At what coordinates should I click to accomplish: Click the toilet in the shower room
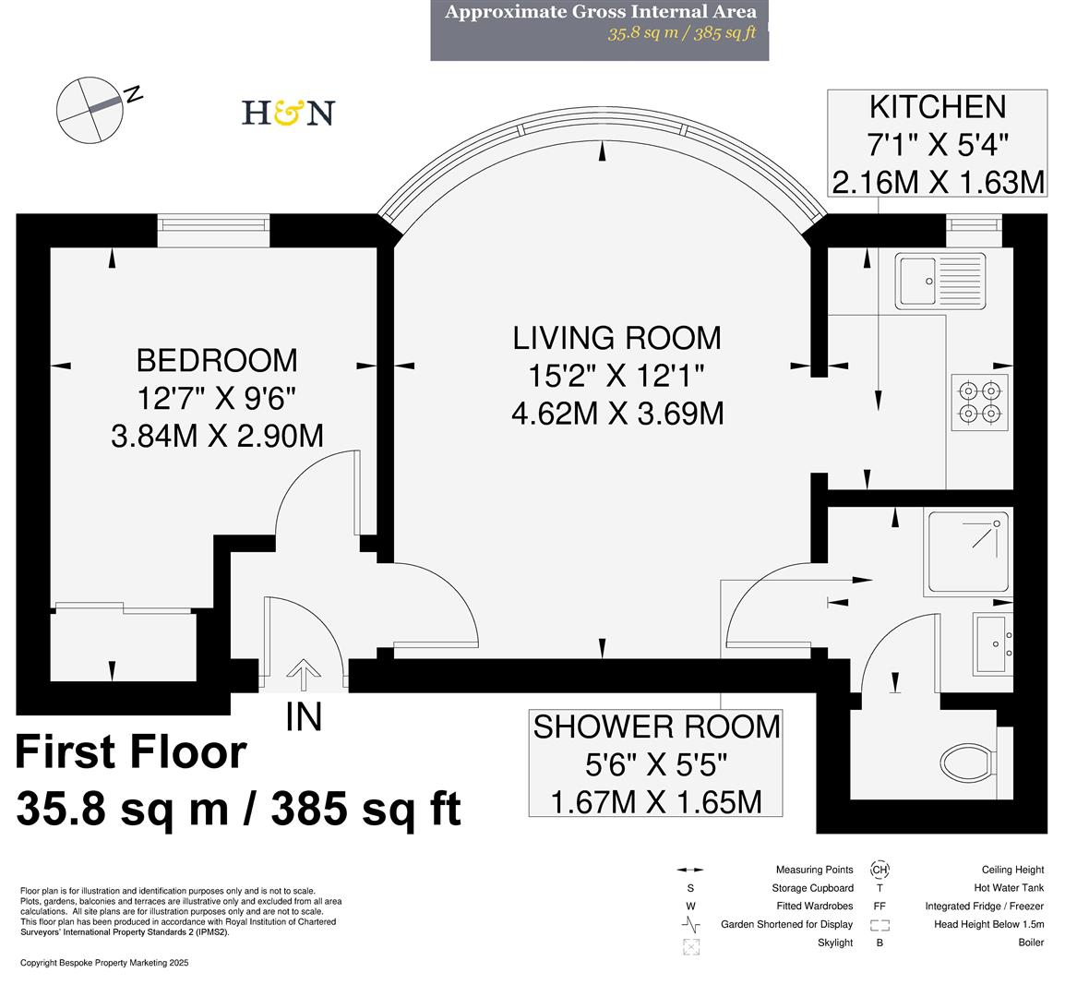tap(968, 763)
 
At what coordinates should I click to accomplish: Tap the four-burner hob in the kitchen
tap(979, 402)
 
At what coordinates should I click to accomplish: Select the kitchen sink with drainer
tap(940, 281)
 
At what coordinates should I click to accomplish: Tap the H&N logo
tap(287, 113)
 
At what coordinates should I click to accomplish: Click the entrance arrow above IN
tap(301, 675)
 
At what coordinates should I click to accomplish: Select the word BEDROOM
tap(217, 360)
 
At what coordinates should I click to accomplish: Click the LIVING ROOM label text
tap(616, 338)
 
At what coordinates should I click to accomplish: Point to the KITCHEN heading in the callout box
tap(938, 107)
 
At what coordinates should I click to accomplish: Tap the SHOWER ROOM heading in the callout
tap(656, 727)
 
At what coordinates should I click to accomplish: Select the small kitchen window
tap(974, 223)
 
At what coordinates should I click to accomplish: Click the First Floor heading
tap(131, 752)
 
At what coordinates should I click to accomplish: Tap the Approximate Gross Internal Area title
tap(600, 12)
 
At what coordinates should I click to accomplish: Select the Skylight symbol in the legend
tap(690, 945)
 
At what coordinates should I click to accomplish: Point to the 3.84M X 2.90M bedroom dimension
tap(217, 435)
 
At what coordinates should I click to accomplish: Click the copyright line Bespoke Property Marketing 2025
tap(104, 963)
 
